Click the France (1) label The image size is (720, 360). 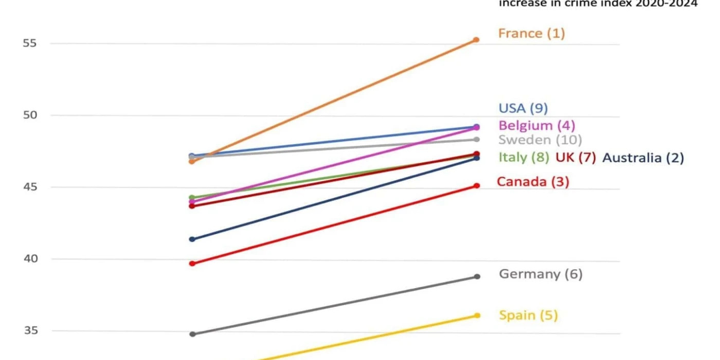click(531, 33)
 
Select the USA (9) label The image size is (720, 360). click(523, 108)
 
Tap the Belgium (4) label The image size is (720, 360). click(536, 125)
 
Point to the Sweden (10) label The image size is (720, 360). click(540, 139)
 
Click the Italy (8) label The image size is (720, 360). click(524, 157)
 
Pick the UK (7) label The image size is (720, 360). click(575, 157)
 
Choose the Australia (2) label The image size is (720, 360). click(643, 158)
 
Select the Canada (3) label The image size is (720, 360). click(533, 182)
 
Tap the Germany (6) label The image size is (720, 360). click(541, 274)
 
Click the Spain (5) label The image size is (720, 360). click(528, 315)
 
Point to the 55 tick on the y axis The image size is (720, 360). click(30, 43)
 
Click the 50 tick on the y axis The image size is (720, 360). click(30, 115)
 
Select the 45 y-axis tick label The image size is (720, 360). click(30, 187)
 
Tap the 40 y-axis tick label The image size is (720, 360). click(30, 259)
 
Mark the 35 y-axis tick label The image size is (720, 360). click(30, 330)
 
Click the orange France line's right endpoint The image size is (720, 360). click(476, 40)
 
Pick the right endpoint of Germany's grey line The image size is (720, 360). click(477, 277)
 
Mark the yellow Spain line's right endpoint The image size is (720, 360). click(477, 315)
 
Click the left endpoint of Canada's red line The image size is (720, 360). click(192, 263)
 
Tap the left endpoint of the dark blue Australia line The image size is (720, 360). click(192, 239)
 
